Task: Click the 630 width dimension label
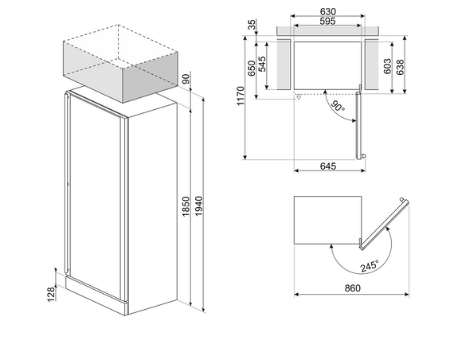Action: [327, 11]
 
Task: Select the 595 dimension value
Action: [327, 21]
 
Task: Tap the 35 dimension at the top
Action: [252, 25]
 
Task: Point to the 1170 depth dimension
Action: [240, 96]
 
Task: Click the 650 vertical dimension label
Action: [252, 68]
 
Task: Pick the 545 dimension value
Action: [262, 64]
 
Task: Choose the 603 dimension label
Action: [387, 66]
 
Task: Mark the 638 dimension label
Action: [400, 67]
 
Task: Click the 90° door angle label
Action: [338, 106]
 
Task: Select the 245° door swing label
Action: [370, 266]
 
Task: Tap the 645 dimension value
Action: [327, 166]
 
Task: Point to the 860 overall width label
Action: [352, 288]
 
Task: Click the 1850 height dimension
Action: [186, 207]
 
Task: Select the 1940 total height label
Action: [198, 207]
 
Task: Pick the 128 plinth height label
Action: [51, 294]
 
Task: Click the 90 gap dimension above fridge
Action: [186, 79]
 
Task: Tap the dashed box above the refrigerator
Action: [120, 64]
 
